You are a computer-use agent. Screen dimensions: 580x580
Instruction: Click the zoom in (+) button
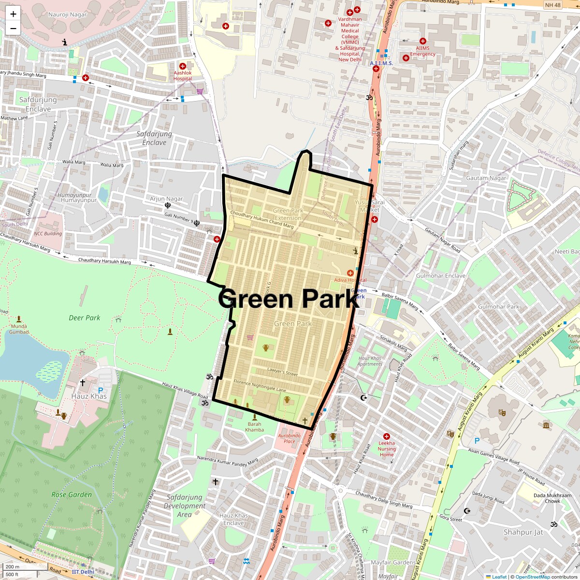(x=13, y=14)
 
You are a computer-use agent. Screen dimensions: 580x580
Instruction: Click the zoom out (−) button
(x=13, y=29)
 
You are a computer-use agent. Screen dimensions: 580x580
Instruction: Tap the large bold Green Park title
(x=289, y=299)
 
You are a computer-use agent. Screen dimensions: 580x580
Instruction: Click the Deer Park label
(x=84, y=318)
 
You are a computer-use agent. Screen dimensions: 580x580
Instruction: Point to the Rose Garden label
(x=72, y=494)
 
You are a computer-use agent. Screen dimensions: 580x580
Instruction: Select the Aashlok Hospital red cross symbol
(x=183, y=66)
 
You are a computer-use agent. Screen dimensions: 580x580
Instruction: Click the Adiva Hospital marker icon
(x=350, y=273)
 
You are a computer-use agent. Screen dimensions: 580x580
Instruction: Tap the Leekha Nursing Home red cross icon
(x=386, y=436)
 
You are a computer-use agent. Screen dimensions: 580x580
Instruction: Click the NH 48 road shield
(x=552, y=5)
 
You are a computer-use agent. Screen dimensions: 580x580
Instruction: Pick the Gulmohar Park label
(x=498, y=306)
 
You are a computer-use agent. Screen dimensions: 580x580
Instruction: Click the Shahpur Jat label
(x=523, y=532)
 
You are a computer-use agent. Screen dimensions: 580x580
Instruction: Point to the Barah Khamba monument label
(x=254, y=427)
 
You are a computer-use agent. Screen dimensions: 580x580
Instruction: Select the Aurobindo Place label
(x=289, y=438)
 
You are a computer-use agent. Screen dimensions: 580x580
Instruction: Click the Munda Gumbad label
(x=19, y=329)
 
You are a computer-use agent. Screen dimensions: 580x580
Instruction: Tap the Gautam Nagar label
(x=486, y=178)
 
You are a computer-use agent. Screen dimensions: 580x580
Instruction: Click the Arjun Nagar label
(x=166, y=199)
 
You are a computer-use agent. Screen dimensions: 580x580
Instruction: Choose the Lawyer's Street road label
(x=282, y=371)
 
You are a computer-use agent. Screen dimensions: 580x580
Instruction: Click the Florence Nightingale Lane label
(x=260, y=385)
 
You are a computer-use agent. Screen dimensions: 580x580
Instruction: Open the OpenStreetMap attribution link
(x=532, y=577)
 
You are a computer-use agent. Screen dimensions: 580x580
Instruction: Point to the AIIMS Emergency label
(x=422, y=51)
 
